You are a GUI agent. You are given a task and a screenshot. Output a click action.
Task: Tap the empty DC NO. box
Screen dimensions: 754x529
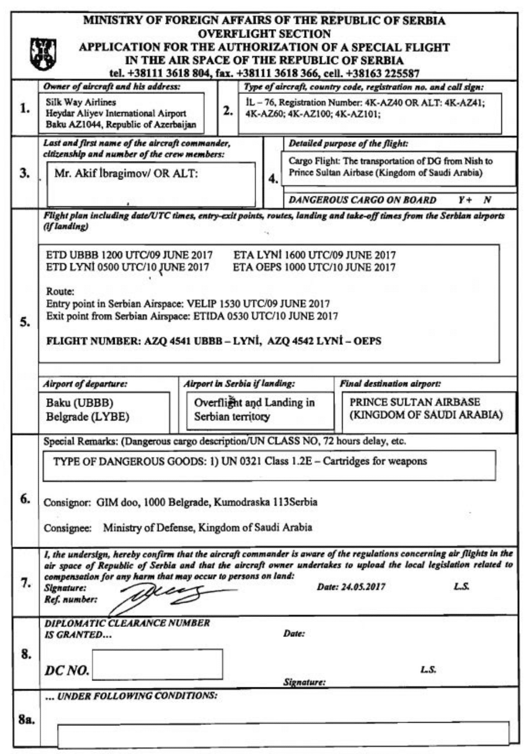pyautogui.click(x=157, y=664)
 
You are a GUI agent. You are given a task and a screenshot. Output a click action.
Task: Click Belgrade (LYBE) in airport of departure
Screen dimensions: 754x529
pyautogui.click(x=87, y=417)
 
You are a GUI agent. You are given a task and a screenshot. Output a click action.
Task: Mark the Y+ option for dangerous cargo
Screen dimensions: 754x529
pyautogui.click(x=465, y=200)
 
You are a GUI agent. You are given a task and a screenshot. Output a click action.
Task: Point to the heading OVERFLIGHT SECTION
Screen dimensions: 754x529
pyautogui.click(x=264, y=33)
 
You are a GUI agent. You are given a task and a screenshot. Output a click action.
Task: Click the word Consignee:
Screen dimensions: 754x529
pyautogui.click(x=67, y=528)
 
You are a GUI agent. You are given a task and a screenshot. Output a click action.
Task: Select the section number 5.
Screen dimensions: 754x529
pyautogui.click(x=25, y=322)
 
